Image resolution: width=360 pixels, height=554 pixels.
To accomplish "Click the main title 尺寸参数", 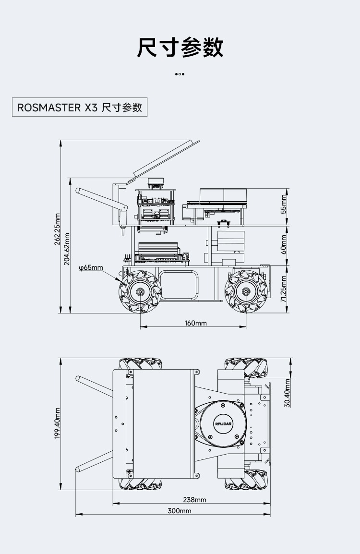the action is [180, 47].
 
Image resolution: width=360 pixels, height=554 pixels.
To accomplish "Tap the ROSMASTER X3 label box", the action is [80, 107].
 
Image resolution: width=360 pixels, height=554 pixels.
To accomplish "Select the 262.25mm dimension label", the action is [57, 229].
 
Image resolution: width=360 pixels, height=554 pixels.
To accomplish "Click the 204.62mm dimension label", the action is [67, 248].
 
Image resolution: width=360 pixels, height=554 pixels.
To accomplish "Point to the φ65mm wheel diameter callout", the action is [91, 267].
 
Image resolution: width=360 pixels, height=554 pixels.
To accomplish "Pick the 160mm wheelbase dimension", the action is [196, 323].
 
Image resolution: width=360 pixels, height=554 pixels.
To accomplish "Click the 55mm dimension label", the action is [284, 205].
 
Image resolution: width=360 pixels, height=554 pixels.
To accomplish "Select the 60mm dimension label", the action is [284, 245].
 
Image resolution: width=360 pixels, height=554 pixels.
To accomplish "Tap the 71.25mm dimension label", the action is [284, 289].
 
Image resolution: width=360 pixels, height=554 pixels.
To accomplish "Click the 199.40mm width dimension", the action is [57, 423].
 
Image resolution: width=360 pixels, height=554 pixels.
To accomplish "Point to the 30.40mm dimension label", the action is [288, 393].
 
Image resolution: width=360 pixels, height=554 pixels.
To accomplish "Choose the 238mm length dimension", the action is [195, 500].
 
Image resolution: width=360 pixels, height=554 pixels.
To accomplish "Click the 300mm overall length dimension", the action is [180, 510].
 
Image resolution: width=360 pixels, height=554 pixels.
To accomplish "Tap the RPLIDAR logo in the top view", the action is [224, 423].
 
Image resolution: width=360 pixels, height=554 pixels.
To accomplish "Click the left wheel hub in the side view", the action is [140, 292].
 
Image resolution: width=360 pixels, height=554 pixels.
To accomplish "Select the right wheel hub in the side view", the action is [246, 292].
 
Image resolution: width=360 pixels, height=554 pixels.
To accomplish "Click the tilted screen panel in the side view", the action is [167, 158].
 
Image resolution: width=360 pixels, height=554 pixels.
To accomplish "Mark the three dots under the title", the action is [180, 74].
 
